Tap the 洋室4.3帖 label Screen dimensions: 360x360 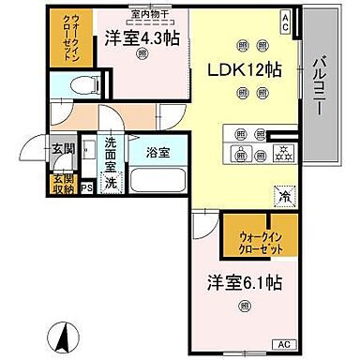[141, 37]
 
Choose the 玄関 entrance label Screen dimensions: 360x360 [61, 148]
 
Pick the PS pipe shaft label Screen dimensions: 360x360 [87, 187]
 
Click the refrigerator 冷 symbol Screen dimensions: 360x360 [282, 196]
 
